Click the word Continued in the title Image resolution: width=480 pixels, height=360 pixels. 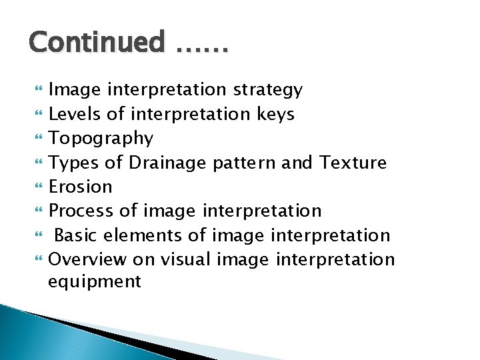[96, 43]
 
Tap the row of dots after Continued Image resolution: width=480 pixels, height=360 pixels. [203, 48]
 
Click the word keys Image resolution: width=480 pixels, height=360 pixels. [275, 114]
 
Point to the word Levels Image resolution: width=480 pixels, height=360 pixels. [75, 113]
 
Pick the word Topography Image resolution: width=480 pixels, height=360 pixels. [101, 138]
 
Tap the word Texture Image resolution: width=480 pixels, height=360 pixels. [353, 162]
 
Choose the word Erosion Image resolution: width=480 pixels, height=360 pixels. [81, 187]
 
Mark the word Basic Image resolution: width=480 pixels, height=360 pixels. [77, 235]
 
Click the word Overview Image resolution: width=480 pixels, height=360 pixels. [89, 259]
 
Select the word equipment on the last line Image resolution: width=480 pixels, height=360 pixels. [95, 282]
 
